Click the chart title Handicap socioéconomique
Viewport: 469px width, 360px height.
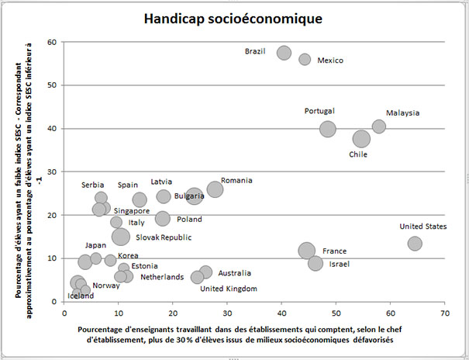(233, 18)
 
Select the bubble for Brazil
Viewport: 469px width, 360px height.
(284, 53)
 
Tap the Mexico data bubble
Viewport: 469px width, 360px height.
(305, 60)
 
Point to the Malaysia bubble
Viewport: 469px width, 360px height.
(378, 126)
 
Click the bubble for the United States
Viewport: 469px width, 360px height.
(415, 244)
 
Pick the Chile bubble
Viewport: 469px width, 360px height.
(361, 139)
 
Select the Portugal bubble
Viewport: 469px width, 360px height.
(328, 129)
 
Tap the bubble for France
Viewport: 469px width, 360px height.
(307, 251)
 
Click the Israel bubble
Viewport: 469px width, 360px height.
(316, 263)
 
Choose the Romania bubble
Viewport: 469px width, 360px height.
(215, 189)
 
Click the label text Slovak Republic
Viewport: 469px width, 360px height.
(164, 237)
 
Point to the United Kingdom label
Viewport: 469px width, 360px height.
(228, 289)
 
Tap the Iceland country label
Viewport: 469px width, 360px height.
(81, 296)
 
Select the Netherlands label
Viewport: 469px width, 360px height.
(162, 277)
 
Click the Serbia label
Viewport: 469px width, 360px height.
(93, 185)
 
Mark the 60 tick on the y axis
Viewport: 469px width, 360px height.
(52, 42)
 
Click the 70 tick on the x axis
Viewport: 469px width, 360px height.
(444, 313)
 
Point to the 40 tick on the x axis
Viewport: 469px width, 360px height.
(281, 313)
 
